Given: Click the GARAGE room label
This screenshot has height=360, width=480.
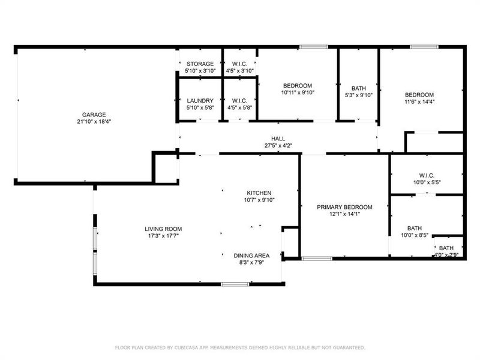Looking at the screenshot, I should (x=94, y=114).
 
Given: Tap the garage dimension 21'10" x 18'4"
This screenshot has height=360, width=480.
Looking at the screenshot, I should (x=94, y=121).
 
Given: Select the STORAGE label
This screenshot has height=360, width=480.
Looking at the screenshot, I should (x=200, y=64).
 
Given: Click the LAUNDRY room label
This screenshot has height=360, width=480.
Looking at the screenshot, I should (x=200, y=100).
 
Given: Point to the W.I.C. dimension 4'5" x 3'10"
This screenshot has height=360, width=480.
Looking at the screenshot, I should (x=239, y=71).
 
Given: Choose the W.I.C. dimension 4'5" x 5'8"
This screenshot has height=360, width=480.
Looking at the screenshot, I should (x=239, y=107).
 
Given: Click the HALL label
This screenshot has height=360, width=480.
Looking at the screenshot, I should (x=278, y=138).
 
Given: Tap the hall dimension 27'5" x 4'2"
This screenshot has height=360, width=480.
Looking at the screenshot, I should (x=278, y=145).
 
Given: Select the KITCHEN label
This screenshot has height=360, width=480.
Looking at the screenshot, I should (x=259, y=193).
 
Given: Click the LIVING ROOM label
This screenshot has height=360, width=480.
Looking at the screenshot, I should (x=163, y=229).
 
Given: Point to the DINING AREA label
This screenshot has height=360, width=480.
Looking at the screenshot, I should (x=251, y=255).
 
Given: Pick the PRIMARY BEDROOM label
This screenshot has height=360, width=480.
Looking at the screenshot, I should (x=344, y=207).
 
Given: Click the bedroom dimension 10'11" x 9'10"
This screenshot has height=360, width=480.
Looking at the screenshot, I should (x=298, y=92).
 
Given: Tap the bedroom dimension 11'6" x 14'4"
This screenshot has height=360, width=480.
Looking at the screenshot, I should (x=419, y=102).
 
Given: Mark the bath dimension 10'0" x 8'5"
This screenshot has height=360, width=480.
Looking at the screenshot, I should (x=415, y=235).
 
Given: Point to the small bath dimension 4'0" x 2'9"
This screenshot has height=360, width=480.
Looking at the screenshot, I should (x=446, y=255).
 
